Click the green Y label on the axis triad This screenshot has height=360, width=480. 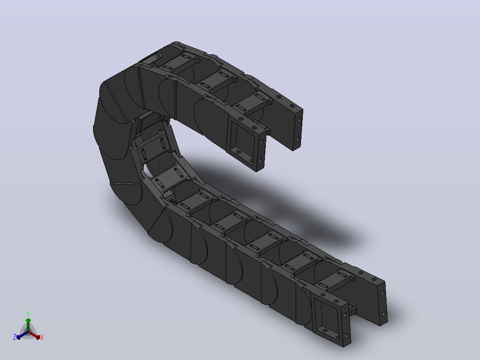coord(28,313)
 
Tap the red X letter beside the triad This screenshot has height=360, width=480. coord(42,337)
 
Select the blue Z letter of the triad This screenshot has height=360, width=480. coord(15,337)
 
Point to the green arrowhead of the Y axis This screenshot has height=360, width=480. coord(28,320)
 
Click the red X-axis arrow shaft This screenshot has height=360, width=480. coord(33,334)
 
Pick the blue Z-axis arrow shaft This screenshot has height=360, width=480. coord(24,335)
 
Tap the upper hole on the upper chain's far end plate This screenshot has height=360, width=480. coord(299,120)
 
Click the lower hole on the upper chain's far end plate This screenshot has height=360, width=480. coord(297,139)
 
